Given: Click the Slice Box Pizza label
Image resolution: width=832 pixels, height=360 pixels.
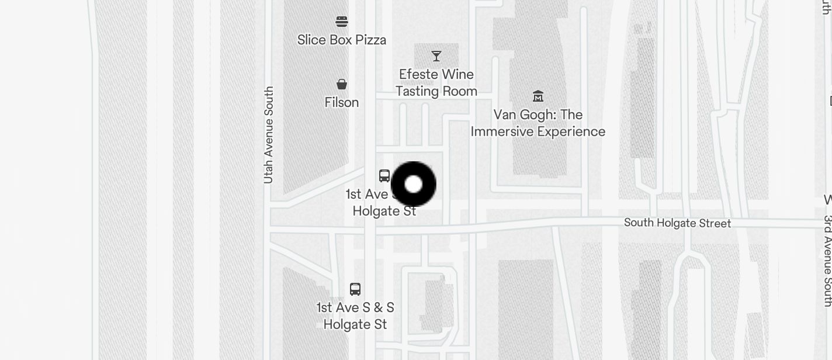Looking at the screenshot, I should pos(342,40).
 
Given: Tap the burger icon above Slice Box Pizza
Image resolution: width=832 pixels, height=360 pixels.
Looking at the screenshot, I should pos(342,22).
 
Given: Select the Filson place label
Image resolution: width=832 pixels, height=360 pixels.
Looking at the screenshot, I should pos(342,102).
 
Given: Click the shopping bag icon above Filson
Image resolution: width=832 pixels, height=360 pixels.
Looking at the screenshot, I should pos(342,84).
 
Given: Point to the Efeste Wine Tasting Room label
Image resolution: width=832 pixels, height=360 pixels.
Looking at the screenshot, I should pos(436,83).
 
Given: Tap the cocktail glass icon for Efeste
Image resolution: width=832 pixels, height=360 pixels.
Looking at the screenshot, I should pos(436,56).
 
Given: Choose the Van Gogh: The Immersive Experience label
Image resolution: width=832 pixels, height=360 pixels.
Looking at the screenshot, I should pos(538,123).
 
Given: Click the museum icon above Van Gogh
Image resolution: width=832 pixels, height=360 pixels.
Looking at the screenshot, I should pos(538,96).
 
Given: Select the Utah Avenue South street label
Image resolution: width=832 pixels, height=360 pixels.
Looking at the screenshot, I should pos(269,135).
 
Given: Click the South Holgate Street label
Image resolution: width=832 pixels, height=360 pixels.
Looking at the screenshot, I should pos(677,223).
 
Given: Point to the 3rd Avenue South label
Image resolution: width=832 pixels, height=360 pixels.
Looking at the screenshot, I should pos(827,261).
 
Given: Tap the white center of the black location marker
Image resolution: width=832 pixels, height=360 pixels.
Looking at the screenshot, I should pos(414,184).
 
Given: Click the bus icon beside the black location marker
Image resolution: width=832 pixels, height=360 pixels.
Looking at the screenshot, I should pos(384,175).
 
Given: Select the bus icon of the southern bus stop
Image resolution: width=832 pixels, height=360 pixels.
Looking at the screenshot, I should pos(355,289).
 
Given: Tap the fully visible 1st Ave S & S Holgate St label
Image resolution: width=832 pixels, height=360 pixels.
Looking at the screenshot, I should pos(355,316).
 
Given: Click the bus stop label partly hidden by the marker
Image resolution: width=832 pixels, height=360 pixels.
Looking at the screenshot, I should pos(374,203).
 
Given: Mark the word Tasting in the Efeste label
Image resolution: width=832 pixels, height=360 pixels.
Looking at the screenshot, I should pos(417,91).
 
